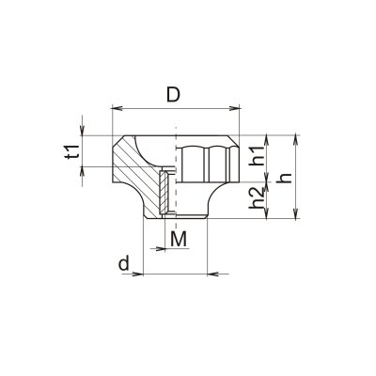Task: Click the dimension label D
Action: coord(173,95)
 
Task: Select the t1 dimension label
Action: coord(72,152)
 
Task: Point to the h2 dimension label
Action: coord(256,198)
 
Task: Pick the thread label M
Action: coord(179,239)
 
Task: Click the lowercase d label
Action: coord(124,263)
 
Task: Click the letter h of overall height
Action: coord(286,178)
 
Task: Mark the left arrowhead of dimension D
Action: coord(117,108)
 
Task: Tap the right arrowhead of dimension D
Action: coord(234,108)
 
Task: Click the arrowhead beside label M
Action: coord(160,249)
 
